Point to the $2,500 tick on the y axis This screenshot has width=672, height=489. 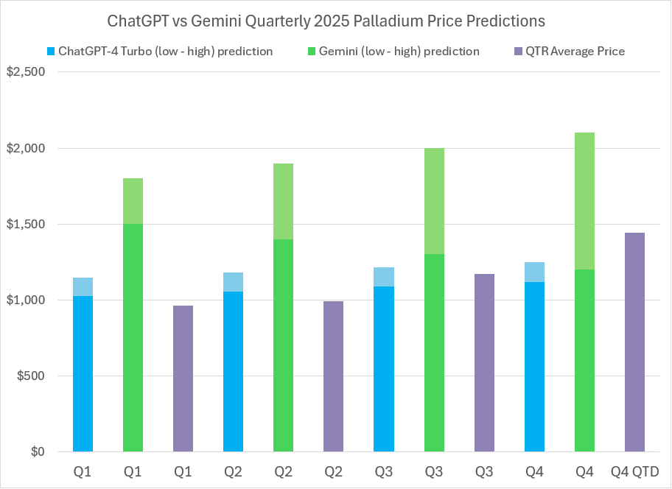(x=26, y=72)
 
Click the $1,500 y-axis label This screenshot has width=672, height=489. (x=26, y=224)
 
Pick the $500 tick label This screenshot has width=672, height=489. (x=30, y=376)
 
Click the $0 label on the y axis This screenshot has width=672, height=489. (x=37, y=451)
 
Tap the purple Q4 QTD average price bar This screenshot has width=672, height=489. (x=634, y=342)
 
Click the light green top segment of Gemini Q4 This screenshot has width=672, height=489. (x=584, y=201)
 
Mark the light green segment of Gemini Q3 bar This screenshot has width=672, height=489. (x=434, y=201)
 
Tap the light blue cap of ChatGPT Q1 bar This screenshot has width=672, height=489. (x=83, y=287)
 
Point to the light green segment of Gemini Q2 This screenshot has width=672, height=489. (x=283, y=201)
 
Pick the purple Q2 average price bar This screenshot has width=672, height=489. (x=333, y=376)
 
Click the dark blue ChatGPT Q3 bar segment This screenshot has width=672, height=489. (x=383, y=369)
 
